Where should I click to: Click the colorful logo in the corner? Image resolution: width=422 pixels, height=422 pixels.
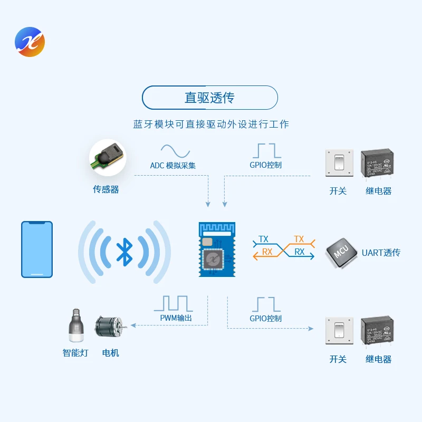coord(30,42)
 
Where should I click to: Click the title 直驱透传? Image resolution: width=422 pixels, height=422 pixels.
coord(209,98)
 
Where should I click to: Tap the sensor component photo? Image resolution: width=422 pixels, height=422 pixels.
coord(107,157)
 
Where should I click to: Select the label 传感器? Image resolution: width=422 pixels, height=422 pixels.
coord(106,189)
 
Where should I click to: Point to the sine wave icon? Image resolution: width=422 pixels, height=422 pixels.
coord(175,151)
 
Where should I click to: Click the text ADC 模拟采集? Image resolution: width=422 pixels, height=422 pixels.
coord(173,166)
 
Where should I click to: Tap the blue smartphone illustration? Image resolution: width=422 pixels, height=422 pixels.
coord(37,249)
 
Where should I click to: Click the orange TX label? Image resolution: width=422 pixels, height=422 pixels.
coord(299,239)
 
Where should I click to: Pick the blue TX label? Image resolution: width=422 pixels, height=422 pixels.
coord(263,239)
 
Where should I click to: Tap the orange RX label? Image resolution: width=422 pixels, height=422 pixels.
coord(267,252)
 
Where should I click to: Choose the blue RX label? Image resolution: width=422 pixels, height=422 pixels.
coord(300,252)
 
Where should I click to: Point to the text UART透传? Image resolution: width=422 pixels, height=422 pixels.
coord(381,253)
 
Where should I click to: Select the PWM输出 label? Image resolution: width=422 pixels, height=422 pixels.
coord(176,318)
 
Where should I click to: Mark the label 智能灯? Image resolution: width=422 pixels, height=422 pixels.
coord(75,352)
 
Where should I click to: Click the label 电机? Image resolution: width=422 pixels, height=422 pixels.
coord(111,352)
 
